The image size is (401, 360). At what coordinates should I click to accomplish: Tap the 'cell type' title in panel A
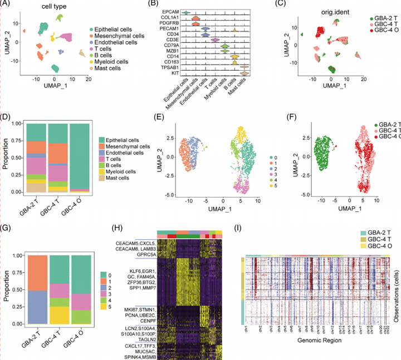tap(55, 7)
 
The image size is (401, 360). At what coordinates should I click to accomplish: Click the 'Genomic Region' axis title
tap(314, 354)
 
